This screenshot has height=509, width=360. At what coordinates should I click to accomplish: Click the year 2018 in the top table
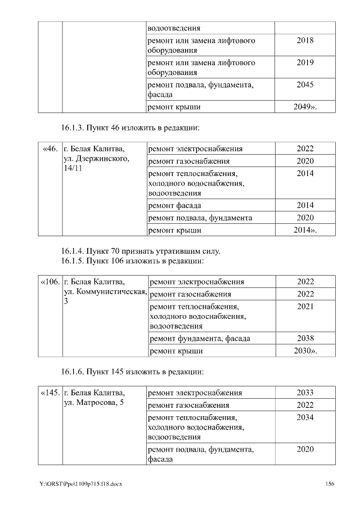click(x=305, y=40)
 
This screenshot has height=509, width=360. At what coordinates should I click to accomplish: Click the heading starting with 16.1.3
click(x=130, y=128)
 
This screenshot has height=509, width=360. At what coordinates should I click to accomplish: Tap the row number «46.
click(x=50, y=149)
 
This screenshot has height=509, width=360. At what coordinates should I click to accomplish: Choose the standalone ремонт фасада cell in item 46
click(x=174, y=205)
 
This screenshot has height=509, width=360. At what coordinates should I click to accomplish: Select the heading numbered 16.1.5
click(x=132, y=261)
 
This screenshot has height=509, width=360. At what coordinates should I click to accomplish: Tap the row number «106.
click(x=50, y=282)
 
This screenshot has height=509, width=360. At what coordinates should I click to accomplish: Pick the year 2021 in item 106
click(x=305, y=307)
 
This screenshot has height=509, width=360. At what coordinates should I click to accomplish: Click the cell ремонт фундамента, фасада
click(x=200, y=339)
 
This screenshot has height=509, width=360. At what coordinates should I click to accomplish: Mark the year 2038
click(x=305, y=339)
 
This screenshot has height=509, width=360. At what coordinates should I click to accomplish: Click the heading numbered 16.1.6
click(x=132, y=372)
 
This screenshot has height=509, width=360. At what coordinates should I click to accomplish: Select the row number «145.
click(x=50, y=393)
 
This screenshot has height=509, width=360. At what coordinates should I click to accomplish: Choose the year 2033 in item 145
click(x=305, y=393)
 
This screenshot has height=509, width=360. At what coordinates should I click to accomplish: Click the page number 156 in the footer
click(x=330, y=484)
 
